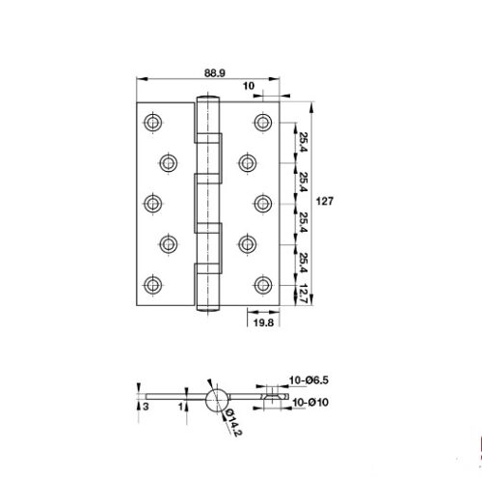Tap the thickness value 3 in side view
[x=146, y=407]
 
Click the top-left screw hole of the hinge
[x=152, y=122]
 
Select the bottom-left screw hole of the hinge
[x=152, y=284]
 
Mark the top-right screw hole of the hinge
[x=263, y=122]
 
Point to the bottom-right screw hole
[x=263, y=284]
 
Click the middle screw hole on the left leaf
[x=152, y=203]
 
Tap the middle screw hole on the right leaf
[x=263, y=203]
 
